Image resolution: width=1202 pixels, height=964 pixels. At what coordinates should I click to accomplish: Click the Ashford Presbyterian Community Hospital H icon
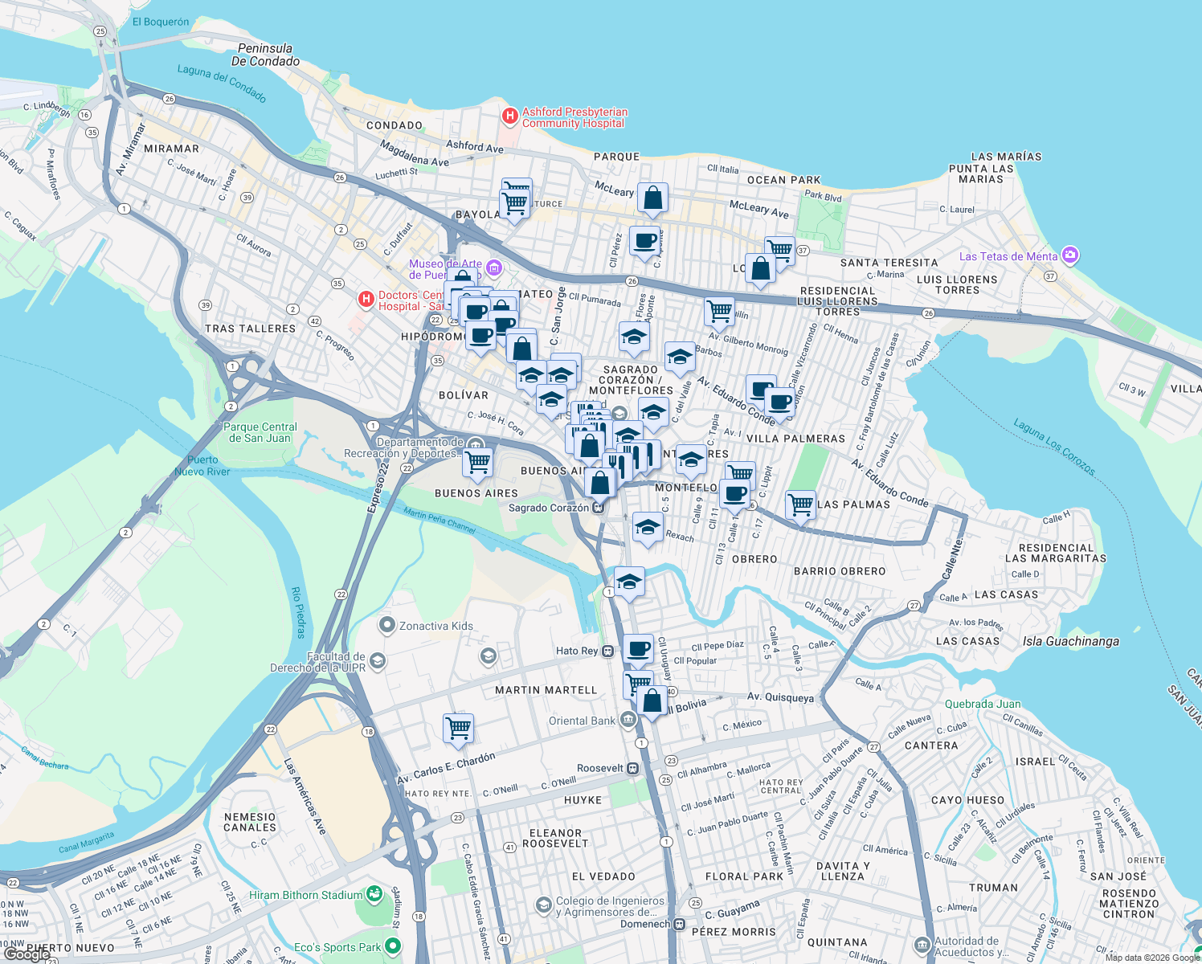509,116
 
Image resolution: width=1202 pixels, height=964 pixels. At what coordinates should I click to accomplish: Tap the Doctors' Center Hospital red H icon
366,300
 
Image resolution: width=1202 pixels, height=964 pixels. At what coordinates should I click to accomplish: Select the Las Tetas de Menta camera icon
1069,255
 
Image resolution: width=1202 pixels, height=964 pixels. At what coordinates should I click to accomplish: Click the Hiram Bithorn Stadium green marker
374,893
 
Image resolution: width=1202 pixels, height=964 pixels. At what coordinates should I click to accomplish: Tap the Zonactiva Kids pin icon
387,625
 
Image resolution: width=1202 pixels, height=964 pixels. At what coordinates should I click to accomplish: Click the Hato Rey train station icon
609,651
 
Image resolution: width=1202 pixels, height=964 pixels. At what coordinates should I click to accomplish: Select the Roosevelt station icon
633,768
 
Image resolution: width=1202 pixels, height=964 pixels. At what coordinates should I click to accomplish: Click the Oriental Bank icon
628,720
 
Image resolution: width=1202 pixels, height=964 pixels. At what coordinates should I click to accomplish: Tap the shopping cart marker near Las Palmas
800,506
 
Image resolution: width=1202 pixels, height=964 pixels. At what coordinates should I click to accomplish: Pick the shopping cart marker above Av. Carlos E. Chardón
458,728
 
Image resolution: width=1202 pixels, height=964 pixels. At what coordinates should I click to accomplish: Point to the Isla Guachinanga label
1070,641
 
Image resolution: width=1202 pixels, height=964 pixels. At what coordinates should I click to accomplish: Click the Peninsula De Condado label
265,55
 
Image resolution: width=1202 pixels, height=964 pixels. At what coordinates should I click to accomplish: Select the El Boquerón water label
161,22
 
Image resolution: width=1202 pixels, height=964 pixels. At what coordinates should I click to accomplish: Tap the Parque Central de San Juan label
260,432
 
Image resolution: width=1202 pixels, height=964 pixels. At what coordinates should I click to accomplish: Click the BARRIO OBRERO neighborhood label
840,571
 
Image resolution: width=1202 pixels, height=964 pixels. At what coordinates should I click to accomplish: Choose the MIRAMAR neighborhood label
171,149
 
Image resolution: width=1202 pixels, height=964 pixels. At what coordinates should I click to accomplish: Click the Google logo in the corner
26,954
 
